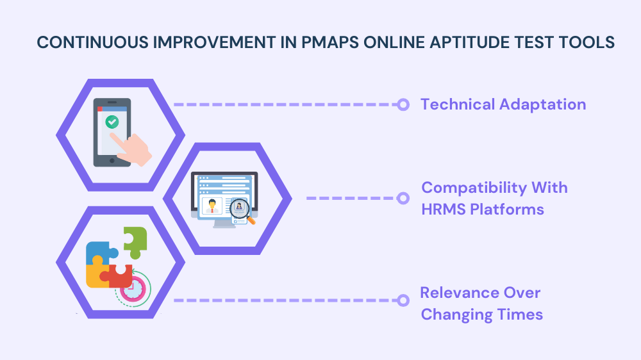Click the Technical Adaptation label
[503, 104]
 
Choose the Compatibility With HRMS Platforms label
[494, 198]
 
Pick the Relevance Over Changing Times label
[481, 304]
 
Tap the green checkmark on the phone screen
[112, 121]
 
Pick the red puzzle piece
[119, 276]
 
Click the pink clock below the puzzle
[133, 289]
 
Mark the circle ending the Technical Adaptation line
[403, 104]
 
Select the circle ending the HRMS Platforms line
[403, 198]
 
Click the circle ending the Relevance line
[403, 300]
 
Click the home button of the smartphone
[112, 161]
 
